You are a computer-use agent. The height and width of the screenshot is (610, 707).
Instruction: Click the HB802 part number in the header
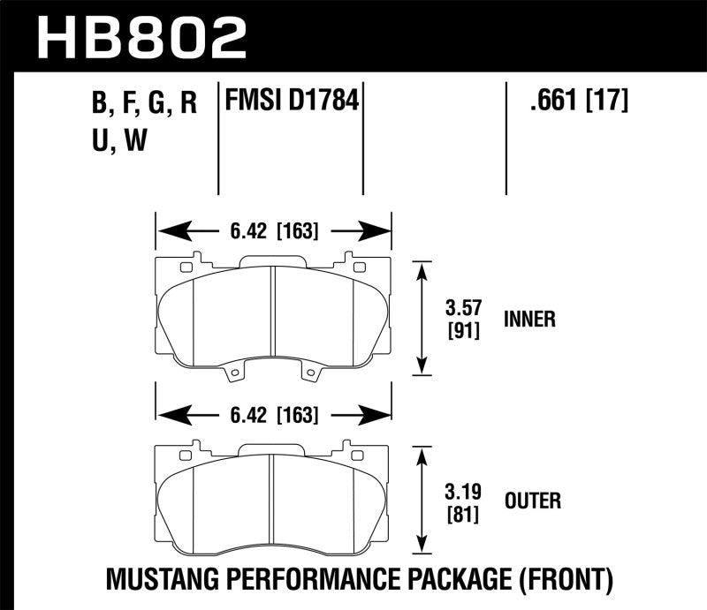141,37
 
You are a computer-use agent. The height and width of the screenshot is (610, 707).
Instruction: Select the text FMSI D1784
292,102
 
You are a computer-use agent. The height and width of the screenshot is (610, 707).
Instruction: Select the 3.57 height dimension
460,309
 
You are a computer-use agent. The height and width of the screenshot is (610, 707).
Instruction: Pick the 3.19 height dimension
460,491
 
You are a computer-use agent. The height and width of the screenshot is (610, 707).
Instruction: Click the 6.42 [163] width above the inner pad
274,232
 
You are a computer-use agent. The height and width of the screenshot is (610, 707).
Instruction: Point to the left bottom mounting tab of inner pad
234,376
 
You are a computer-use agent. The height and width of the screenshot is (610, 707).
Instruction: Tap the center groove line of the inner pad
274,318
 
